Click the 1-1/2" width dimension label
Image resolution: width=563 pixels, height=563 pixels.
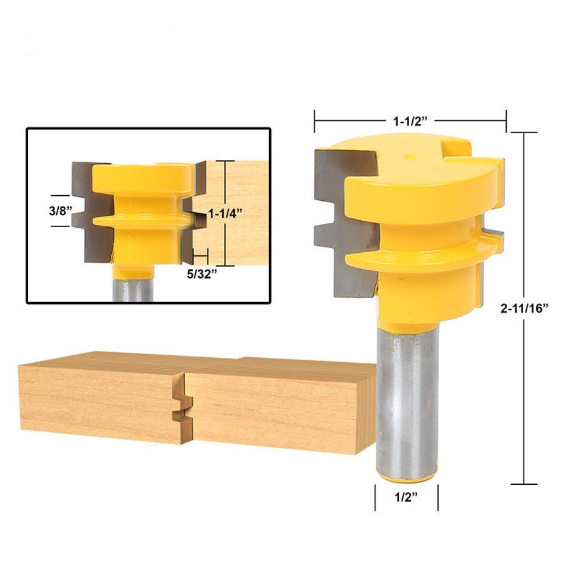tap(411, 122)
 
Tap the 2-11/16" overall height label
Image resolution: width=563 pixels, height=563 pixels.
tap(525, 308)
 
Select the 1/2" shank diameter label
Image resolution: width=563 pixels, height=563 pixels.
tap(407, 497)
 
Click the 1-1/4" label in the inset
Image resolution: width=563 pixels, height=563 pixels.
tap(225, 214)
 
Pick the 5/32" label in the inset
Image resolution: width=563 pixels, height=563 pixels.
tap(202, 275)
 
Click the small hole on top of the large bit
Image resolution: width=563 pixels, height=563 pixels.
tap(409, 156)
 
